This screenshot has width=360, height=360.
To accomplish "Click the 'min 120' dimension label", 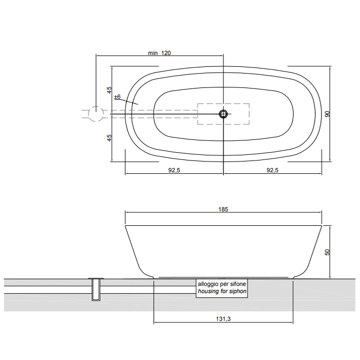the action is coord(159,53).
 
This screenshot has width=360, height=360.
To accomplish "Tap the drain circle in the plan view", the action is coord(223,114).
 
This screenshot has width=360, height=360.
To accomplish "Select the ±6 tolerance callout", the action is coord(118,97).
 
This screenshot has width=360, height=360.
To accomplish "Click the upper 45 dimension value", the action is coord(109,90).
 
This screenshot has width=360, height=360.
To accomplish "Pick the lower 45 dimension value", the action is coord(109,137).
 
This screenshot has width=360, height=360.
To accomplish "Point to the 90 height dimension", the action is coord(328,114).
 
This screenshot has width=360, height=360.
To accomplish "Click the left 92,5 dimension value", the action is coord(174,170).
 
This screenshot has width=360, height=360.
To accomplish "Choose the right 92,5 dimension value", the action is coord(273,170).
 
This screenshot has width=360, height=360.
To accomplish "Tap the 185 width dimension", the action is coord(223,209).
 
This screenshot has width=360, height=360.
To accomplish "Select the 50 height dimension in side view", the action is coord(328,252).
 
